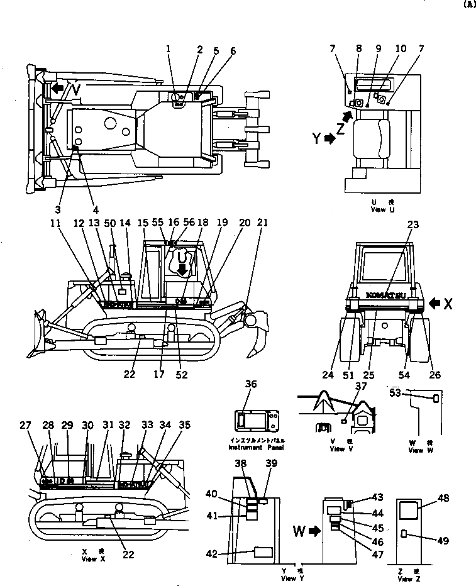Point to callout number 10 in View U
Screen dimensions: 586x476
tap(401, 48)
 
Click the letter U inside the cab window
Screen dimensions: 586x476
tap(182, 258)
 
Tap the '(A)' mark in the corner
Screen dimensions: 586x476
tap(467, 4)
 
